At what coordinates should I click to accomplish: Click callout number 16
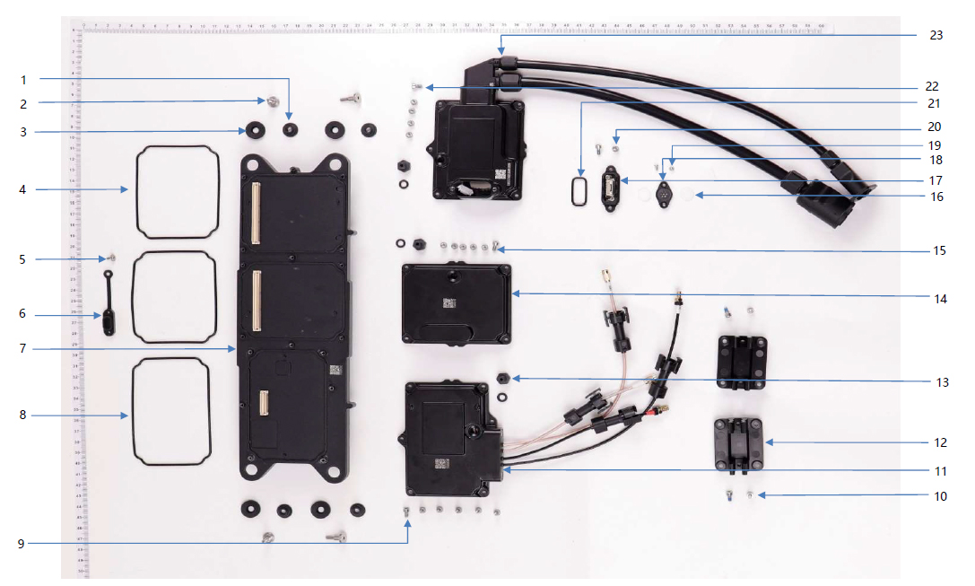936,196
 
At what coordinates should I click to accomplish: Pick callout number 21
936,105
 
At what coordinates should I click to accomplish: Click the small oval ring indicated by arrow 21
580,190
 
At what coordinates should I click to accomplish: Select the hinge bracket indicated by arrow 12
739,444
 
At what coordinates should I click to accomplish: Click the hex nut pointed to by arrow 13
502,378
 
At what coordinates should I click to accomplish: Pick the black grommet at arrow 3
256,132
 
